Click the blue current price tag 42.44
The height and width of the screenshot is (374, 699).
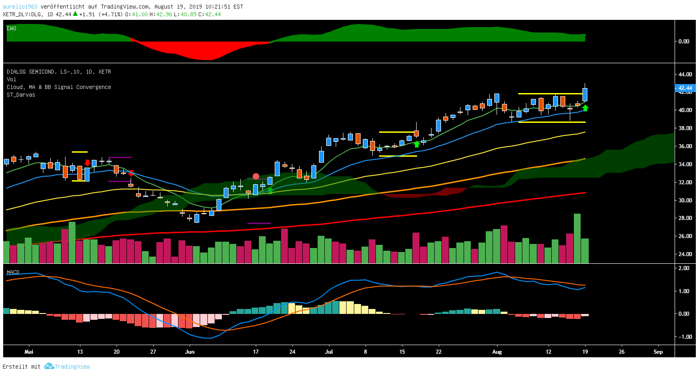click(685, 88)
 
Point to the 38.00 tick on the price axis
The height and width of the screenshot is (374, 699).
click(685, 128)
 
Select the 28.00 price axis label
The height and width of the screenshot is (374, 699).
click(685, 218)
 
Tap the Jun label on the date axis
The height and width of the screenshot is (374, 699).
click(190, 352)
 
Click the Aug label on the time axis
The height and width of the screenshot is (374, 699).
click(497, 352)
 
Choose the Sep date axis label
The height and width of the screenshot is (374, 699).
click(658, 352)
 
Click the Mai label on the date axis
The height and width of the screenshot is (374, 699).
click(29, 352)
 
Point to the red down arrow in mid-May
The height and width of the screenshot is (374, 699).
click(87, 163)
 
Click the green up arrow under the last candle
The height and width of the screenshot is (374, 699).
click(585, 108)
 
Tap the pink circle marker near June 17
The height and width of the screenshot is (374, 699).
click(256, 177)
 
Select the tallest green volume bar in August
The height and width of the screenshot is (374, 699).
click(577, 238)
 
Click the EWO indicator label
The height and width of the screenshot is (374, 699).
click(11, 28)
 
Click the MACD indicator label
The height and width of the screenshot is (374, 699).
click(13, 272)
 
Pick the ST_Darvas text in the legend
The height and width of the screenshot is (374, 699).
click(21, 95)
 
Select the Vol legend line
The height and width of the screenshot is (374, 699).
click(11, 79)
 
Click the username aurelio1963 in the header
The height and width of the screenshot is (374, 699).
click(20, 7)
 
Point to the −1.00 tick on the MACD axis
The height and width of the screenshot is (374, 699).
click(683, 337)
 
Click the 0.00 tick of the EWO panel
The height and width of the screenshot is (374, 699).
click(684, 42)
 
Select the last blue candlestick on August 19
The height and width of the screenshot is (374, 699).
click(585, 94)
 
